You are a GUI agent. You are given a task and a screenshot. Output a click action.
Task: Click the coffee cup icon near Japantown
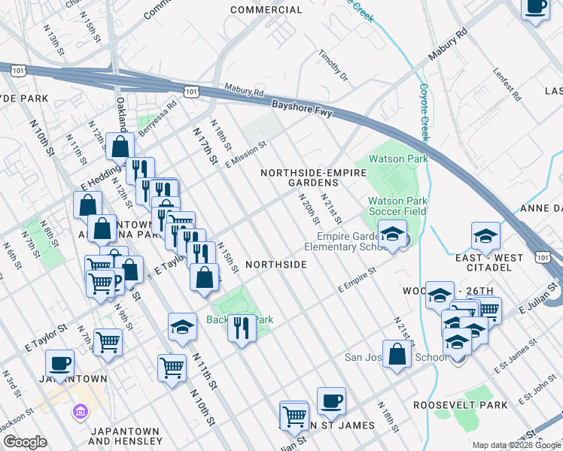[x=60, y=364]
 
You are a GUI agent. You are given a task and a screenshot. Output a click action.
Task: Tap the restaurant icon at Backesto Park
[x=242, y=327]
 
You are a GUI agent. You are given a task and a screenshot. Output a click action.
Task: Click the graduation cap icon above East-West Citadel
[x=485, y=236]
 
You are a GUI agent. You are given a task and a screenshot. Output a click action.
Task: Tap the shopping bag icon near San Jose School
[x=397, y=354]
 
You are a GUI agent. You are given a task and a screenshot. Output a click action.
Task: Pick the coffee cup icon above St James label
[x=331, y=401]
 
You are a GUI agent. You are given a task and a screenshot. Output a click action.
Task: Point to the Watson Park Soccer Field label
[x=397, y=206]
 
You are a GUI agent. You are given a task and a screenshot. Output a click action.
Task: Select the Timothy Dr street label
[x=333, y=66]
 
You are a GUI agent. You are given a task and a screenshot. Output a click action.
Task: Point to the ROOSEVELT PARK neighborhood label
[x=450, y=405]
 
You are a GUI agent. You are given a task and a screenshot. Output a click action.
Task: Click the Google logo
[x=25, y=441]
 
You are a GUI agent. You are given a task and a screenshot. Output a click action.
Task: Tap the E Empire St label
[x=357, y=281]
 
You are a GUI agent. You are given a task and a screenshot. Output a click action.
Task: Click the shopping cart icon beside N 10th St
[x=172, y=368]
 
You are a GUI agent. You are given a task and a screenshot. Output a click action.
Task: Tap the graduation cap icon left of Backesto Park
[x=181, y=325]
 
